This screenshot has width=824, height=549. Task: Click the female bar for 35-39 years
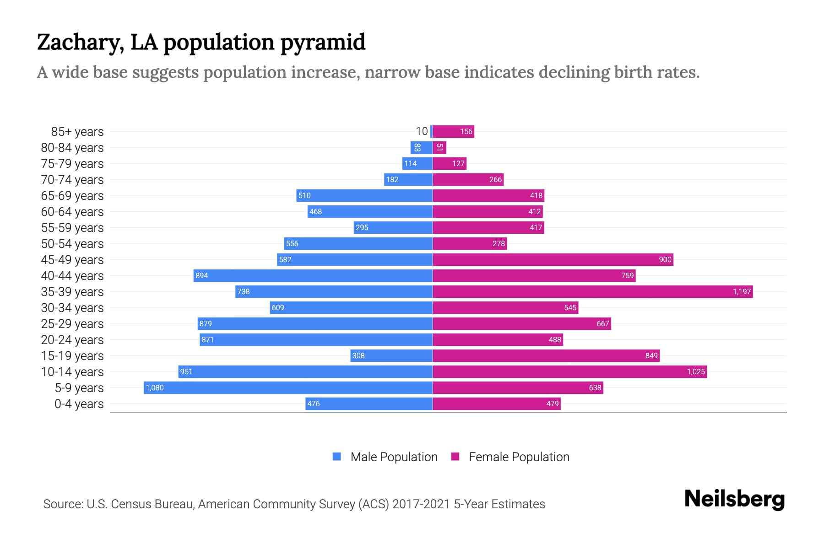tap(592, 291)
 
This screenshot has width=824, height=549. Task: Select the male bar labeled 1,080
tap(288, 388)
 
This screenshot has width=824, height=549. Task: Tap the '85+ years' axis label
tap(77, 132)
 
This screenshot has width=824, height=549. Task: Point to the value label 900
tap(665, 259)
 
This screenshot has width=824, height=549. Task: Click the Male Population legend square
tap(337, 457)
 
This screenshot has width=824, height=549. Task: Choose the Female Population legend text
tap(519, 457)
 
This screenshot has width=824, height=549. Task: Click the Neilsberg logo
tap(734, 499)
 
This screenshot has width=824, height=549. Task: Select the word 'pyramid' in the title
tap(323, 42)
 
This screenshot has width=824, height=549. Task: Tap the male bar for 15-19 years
tap(391, 355)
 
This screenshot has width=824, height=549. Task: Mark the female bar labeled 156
tap(453, 132)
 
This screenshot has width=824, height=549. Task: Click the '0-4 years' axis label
tap(79, 404)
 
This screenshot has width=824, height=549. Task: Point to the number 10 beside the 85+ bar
tap(422, 131)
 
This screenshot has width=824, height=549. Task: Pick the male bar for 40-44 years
tap(313, 275)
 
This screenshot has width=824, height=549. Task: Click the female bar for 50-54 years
tap(470, 243)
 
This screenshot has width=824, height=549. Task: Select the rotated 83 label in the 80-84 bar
tap(417, 147)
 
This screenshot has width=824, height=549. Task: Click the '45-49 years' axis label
tap(72, 260)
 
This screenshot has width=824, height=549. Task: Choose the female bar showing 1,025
tap(569, 371)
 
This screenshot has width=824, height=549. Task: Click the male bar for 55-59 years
tap(393, 227)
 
